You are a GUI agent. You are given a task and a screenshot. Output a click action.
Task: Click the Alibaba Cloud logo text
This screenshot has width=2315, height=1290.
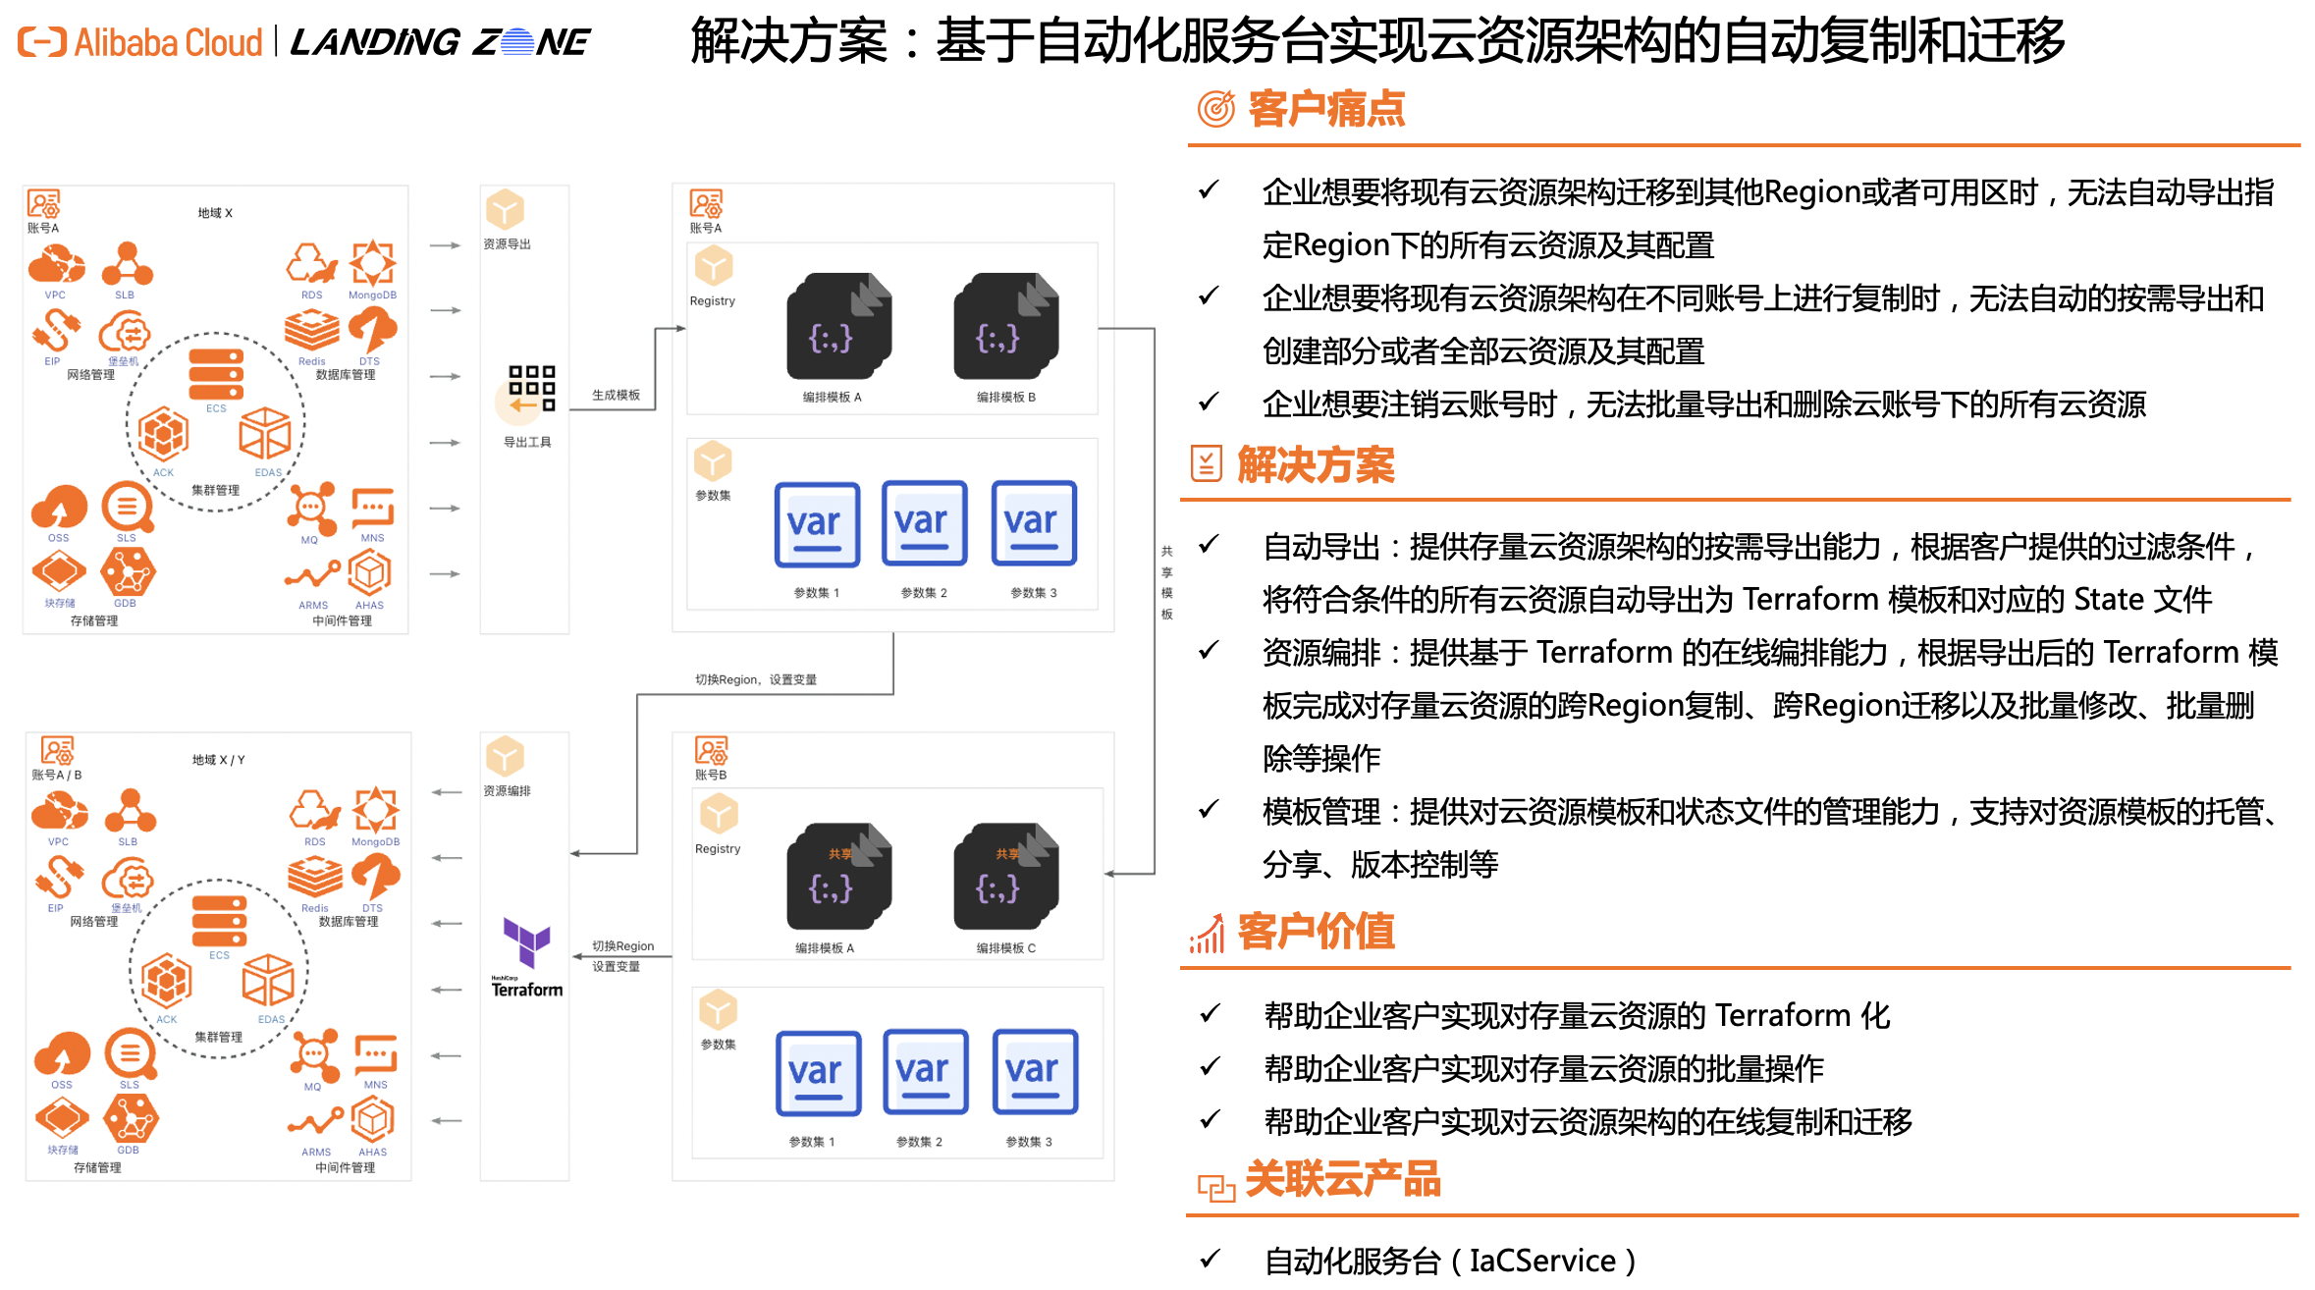pos(167,43)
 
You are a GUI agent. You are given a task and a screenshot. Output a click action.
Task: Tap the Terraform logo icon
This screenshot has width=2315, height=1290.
pos(527,943)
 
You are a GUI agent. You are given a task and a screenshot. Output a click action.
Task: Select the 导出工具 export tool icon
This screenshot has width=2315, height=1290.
pos(531,390)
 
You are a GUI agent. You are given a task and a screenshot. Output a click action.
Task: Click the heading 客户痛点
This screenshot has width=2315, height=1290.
pos(1325,109)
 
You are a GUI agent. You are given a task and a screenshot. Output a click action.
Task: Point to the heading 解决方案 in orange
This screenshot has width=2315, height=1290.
pos(1316,464)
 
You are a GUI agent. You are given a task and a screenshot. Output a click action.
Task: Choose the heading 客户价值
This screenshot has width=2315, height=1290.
pos(1316,932)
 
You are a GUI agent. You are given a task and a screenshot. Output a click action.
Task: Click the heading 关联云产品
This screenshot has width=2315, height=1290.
pos(1342,1179)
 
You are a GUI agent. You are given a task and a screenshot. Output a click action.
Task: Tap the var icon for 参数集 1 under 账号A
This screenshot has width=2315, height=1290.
pos(817,524)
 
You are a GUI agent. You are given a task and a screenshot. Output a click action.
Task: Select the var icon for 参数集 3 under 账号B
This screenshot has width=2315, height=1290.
pos(1035,1072)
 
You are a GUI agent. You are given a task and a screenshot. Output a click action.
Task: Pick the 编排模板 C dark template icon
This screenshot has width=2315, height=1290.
pos(1005,876)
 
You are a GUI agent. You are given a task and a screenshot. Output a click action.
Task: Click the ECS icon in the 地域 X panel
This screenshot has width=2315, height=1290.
pos(216,374)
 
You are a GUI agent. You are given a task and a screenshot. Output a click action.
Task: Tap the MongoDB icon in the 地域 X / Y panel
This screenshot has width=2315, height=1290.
pos(376,811)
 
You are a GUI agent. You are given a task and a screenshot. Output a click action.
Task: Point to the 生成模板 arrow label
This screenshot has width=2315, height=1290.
pos(616,395)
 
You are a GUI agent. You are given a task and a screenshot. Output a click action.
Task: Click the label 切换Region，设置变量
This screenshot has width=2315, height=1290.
pos(755,679)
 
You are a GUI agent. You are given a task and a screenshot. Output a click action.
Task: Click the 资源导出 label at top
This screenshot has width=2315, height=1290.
pos(507,244)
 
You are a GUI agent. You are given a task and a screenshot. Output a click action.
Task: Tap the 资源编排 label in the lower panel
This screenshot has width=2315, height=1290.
pos(507,791)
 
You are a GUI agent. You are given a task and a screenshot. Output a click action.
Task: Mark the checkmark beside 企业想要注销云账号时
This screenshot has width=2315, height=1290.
pos(1210,402)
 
